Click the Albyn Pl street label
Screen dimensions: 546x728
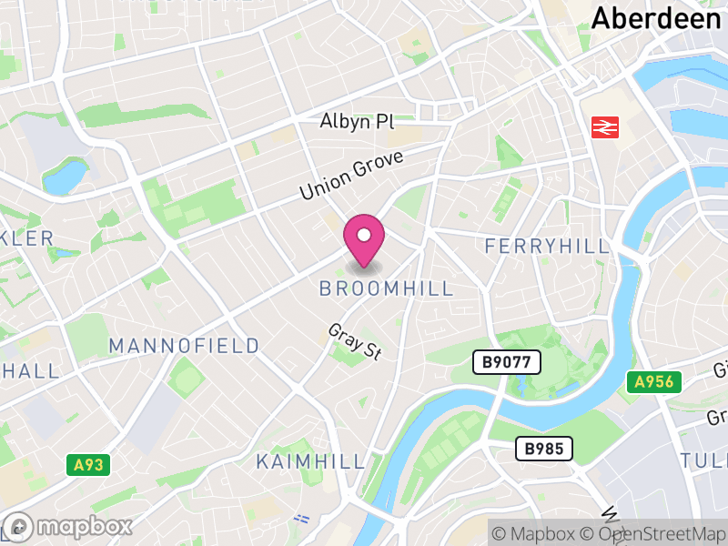coord(357,122)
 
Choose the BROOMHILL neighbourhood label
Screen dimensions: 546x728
coord(386,288)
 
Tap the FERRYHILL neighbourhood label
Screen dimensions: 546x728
coord(546,247)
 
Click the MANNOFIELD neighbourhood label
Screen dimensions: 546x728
coord(184,346)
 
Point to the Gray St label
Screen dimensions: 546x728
coord(354,342)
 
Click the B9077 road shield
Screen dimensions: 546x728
coord(507,363)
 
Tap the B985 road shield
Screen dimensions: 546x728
coord(545,448)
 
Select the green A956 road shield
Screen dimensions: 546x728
coord(653,382)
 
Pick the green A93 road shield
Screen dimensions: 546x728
coord(88,465)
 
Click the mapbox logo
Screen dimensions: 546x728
coord(69,526)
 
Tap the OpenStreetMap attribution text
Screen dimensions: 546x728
coord(662,533)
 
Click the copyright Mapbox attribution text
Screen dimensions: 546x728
coord(539,533)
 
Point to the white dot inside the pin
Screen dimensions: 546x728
coord(364,236)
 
